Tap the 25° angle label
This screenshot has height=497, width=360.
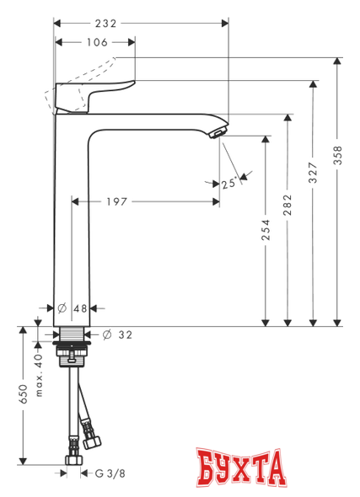click(227, 180)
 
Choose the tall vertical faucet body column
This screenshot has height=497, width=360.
click(73, 219)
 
